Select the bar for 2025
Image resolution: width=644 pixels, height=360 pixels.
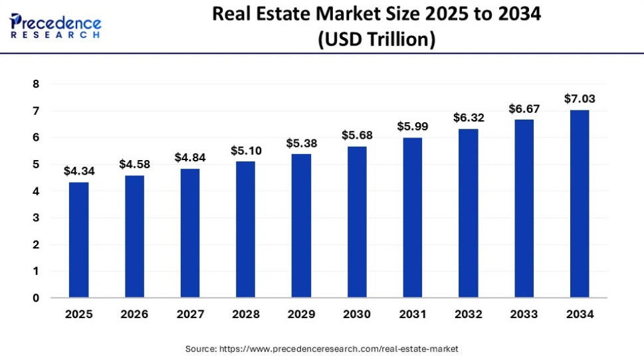(x=78, y=240)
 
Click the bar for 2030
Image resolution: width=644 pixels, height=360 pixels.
(x=357, y=222)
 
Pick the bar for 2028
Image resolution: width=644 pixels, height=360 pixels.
(x=245, y=229)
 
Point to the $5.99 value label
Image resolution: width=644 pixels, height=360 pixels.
(x=412, y=126)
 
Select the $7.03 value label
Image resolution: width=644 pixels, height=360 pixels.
(x=580, y=99)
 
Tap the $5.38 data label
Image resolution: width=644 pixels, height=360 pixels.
(x=301, y=143)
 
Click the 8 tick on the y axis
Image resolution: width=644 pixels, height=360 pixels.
(x=36, y=84)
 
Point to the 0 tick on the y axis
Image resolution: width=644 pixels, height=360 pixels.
(x=36, y=298)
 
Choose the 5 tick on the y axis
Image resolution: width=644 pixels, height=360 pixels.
(x=36, y=165)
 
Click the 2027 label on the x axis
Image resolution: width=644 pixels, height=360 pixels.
(x=189, y=314)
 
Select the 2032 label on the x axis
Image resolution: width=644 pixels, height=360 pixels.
(x=468, y=314)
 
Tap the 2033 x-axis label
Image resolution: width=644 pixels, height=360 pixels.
(x=524, y=314)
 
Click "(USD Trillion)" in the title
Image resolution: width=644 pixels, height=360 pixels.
(x=377, y=40)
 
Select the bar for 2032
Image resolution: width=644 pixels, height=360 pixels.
(x=468, y=213)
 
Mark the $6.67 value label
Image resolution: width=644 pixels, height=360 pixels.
(x=524, y=108)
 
